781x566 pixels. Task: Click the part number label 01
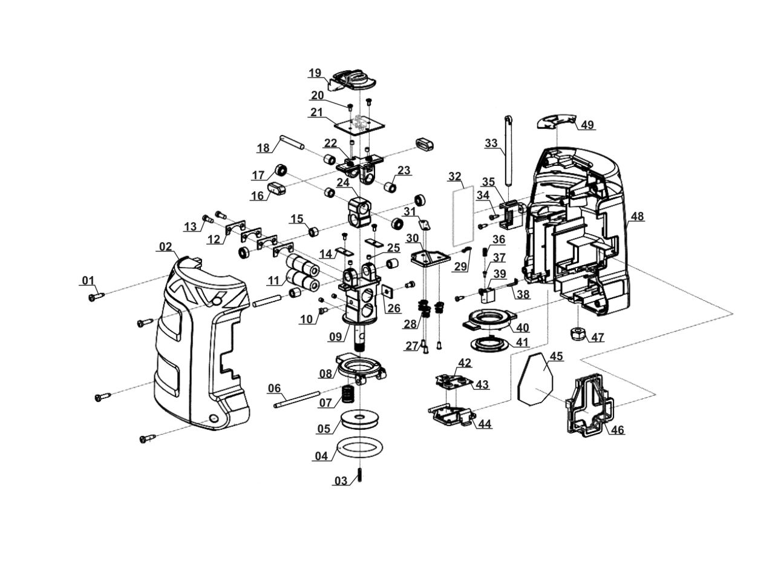88,280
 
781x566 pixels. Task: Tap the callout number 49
587,125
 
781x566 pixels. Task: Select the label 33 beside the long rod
491,143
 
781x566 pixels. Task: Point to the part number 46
617,430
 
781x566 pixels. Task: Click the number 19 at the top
315,73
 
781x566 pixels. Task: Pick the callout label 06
274,388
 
